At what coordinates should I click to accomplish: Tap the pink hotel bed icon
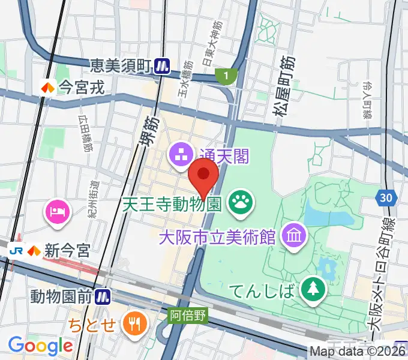pos(58,211)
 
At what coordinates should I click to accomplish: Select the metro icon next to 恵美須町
pos(161,65)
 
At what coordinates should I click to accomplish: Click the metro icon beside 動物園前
pos(104,296)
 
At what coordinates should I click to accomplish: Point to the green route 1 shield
pos(226,76)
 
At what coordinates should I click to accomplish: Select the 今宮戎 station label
pos(81,88)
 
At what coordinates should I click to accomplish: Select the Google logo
pos(40,345)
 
